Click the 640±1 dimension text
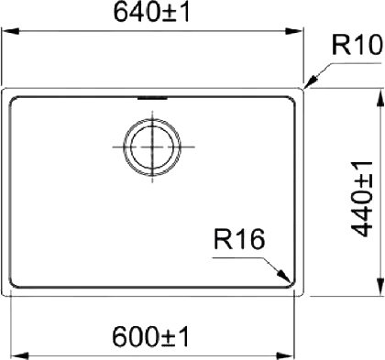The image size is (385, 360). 152,13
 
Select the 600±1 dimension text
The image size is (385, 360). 151,337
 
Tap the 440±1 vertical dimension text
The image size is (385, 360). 362,199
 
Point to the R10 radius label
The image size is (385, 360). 357,45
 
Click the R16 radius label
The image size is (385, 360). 239,239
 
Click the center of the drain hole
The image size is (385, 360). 152,147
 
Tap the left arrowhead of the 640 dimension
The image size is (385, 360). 11,31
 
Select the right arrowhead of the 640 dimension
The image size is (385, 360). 293,31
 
